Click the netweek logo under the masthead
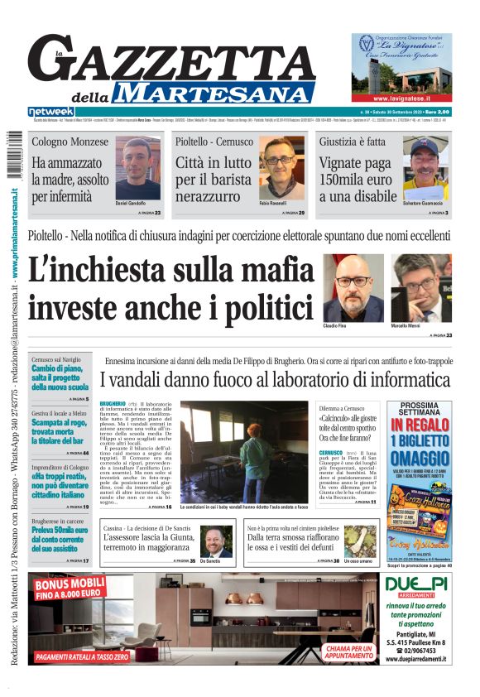[50, 111]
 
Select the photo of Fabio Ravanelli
[281, 169]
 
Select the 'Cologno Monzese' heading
[70, 142]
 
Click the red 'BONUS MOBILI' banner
[70, 589]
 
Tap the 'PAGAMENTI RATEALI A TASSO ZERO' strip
[82, 656]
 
